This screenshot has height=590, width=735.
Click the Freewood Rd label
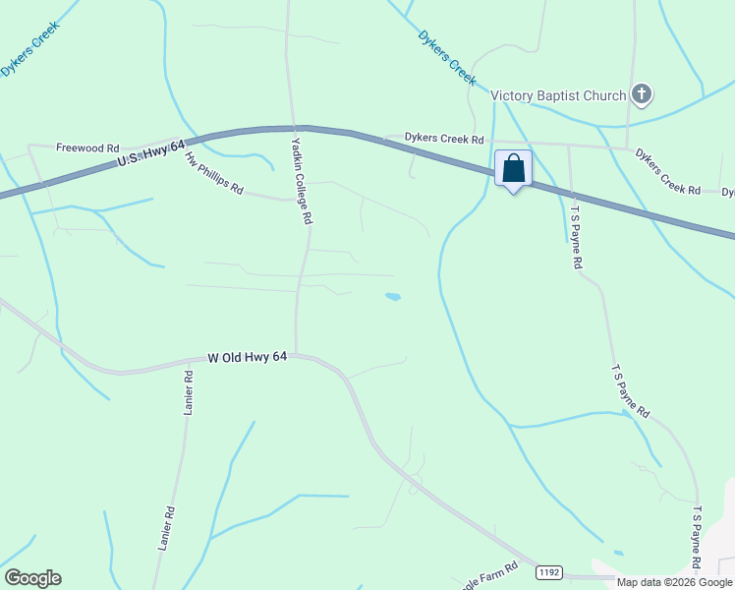[x=87, y=147]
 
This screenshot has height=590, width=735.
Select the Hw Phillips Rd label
[x=212, y=173]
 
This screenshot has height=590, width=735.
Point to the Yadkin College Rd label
[x=301, y=181]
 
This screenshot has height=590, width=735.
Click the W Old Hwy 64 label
[x=247, y=359]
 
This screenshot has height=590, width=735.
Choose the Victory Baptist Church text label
[x=558, y=95]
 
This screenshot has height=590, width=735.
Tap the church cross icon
[x=641, y=95]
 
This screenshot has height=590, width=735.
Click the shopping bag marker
[x=513, y=169]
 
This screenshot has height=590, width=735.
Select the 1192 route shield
[x=549, y=571]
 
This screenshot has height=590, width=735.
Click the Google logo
[x=32, y=578]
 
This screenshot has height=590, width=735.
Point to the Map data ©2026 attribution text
[x=674, y=582]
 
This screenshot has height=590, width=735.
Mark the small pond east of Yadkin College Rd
[x=393, y=296]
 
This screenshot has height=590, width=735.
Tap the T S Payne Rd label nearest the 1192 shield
[x=697, y=538]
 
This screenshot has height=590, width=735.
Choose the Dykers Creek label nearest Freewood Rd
[x=29, y=49]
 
